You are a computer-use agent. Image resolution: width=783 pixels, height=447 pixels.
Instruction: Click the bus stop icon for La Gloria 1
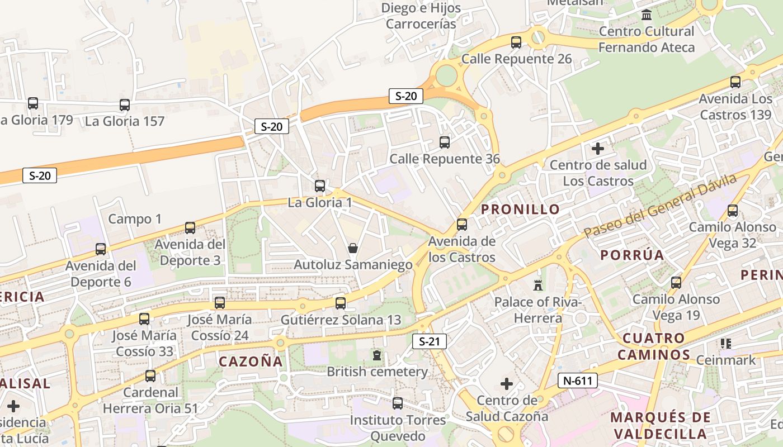pyautogui.click(x=320, y=186)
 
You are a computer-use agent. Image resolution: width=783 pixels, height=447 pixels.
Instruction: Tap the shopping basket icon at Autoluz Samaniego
pyautogui.click(x=353, y=248)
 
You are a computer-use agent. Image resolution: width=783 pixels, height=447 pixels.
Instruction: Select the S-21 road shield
pyautogui.click(x=430, y=341)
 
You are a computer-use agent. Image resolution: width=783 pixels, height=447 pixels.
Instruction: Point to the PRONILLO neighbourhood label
pyautogui.click(x=520, y=210)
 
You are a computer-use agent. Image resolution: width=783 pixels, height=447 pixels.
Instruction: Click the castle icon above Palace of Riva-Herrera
pyautogui.click(x=538, y=285)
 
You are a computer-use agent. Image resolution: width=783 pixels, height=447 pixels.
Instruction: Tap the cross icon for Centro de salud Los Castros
pyautogui.click(x=598, y=149)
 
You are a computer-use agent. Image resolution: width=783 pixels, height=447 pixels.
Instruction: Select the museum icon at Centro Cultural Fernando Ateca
pyautogui.click(x=647, y=15)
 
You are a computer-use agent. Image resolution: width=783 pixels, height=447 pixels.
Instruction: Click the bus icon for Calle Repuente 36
pyautogui.click(x=445, y=142)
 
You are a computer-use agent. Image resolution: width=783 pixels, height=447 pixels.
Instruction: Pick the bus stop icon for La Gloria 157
pyautogui.click(x=125, y=104)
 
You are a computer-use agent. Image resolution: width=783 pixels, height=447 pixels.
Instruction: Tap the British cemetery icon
pyautogui.click(x=377, y=355)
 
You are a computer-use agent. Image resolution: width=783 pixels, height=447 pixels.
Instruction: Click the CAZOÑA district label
pyautogui.click(x=251, y=362)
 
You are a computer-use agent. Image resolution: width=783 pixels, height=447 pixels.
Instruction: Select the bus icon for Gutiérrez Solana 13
pyautogui.click(x=341, y=303)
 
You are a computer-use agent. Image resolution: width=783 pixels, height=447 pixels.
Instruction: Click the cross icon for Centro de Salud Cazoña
pyautogui.click(x=507, y=384)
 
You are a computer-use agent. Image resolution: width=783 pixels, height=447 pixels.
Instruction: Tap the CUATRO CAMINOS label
pyautogui.click(x=654, y=346)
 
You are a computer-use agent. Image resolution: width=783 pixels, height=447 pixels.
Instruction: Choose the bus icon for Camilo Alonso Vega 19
pyautogui.click(x=677, y=283)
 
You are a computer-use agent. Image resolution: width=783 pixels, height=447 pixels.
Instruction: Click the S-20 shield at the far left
pyautogui.click(x=40, y=175)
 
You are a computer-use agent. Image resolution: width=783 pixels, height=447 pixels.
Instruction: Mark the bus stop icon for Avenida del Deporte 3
pyautogui.click(x=190, y=228)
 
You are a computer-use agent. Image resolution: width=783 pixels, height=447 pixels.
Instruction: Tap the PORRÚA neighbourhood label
pyautogui.click(x=632, y=255)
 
